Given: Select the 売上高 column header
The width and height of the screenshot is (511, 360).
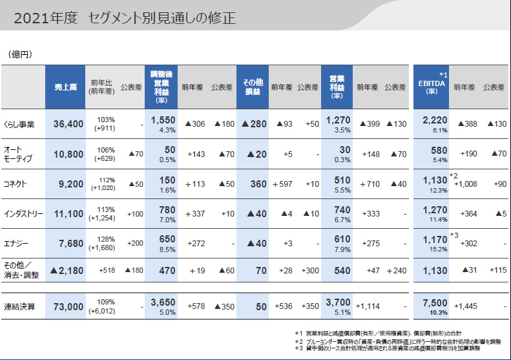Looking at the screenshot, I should [65, 87].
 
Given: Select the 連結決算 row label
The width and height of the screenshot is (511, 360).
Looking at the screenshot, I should [19, 306].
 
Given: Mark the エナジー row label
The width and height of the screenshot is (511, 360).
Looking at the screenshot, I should [16, 244].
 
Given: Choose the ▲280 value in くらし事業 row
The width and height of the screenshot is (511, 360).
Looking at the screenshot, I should [254, 124].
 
